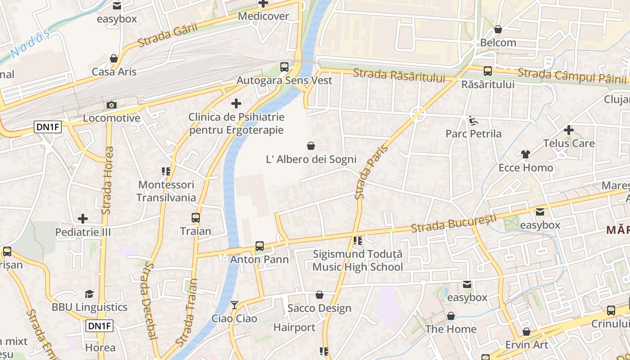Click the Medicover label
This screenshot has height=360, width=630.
(263, 16)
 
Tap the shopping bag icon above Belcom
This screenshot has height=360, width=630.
(498, 30)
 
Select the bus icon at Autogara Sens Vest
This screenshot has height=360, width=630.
(284, 67)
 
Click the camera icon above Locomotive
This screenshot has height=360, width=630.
(111, 105)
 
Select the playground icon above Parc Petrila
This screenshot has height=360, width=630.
(473, 121)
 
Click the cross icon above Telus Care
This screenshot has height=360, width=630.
(568, 130)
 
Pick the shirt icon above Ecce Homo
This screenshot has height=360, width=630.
(525, 154)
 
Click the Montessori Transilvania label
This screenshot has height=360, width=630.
(166, 191)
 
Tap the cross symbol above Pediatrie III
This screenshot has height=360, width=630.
(83, 219)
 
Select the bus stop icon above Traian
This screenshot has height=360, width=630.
(195, 218)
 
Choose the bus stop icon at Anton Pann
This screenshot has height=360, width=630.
(259, 246)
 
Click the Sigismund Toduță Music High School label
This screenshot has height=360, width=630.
(357, 261)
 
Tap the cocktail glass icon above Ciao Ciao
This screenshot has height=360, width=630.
(234, 305)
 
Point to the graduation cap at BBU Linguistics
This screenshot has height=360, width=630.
(89, 294)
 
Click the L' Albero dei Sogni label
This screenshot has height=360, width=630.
(311, 159)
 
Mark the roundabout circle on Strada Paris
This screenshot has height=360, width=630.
(418, 114)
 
